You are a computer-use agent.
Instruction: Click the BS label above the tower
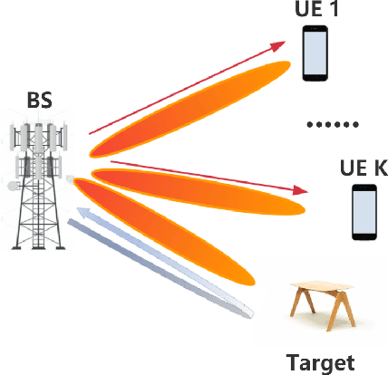point(39,98)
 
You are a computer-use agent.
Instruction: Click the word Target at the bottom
point(320,363)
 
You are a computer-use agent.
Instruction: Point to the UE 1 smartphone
point(315,53)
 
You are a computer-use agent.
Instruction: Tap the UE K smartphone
point(364,212)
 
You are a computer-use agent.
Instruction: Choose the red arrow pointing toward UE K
point(209,175)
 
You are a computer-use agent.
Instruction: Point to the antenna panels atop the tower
point(38,136)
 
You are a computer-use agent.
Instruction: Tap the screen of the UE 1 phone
point(315,53)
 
